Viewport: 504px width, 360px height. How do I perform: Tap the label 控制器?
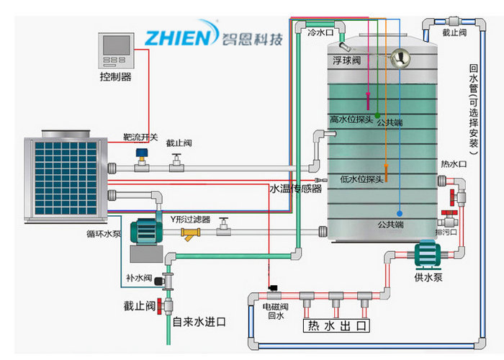point(115,76)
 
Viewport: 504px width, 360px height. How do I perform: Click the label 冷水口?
point(319,32)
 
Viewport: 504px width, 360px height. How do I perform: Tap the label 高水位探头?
point(351,120)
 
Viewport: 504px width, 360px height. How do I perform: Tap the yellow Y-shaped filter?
point(191,233)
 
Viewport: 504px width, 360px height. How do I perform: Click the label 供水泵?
point(428,276)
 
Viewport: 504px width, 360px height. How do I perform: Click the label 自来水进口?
point(198,322)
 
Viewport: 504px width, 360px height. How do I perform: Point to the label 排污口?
point(446,232)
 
